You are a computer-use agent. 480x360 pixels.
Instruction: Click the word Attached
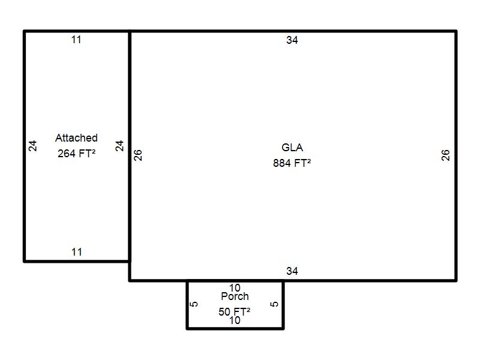coord(76,138)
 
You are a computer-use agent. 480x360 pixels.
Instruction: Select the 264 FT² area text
coord(77,153)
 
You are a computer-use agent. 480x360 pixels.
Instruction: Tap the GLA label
coord(292,148)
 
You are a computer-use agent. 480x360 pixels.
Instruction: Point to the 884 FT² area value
coord(292,163)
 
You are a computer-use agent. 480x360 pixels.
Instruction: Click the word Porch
coord(235,296)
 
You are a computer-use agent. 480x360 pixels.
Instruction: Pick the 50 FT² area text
coord(234,311)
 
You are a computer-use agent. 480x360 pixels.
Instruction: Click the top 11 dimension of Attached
coord(76,40)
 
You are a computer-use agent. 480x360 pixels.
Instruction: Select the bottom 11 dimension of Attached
coord(77,252)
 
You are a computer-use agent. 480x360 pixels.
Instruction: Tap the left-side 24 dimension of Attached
coord(32,146)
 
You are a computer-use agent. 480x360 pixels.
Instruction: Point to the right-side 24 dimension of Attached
coord(119,146)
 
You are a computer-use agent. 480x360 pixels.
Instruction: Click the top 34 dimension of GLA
coord(292,40)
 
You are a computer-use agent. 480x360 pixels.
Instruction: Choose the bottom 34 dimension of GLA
coord(292,271)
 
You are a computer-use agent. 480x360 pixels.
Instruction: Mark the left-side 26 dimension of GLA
coord(138,155)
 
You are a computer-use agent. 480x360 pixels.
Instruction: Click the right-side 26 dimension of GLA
coord(445,155)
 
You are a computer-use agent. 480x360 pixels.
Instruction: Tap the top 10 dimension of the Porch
coord(235,288)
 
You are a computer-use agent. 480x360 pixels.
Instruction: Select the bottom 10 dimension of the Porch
coord(235,320)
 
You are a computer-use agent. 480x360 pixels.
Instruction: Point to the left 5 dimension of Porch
coord(194,304)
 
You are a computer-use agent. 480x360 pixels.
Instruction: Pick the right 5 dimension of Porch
coord(274,304)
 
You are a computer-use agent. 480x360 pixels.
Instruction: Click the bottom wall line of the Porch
coord(235,328)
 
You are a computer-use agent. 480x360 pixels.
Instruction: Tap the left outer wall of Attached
coord(24,146)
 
